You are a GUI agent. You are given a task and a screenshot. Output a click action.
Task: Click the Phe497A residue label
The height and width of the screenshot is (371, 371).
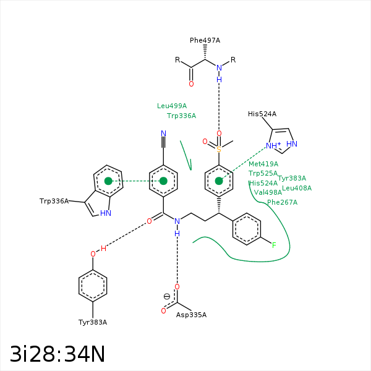tap(205, 40)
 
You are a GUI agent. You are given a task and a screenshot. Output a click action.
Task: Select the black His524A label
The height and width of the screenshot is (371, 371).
tap(262, 114)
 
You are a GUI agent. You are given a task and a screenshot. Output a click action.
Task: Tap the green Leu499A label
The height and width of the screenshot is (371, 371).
tap(172, 106)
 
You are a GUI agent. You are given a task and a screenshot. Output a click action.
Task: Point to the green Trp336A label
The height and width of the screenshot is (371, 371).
tap(181, 116)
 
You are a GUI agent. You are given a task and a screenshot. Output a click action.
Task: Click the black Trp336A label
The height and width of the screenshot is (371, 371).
tap(54, 201)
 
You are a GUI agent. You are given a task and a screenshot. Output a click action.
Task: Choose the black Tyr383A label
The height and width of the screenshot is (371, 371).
tap(93, 322)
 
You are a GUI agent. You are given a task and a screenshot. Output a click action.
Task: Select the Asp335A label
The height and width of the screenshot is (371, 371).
tap(191, 315)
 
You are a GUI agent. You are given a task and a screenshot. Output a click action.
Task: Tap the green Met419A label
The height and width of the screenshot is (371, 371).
tap(263, 164)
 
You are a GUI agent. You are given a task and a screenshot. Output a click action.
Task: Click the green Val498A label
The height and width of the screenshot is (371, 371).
tap(268, 192)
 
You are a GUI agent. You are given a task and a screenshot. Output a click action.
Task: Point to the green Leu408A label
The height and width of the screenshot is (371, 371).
tap(297, 188)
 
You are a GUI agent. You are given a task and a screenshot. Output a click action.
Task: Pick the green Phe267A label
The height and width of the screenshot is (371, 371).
tap(283, 202)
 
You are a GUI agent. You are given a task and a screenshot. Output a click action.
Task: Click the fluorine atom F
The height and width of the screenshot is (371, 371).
tap(274, 245)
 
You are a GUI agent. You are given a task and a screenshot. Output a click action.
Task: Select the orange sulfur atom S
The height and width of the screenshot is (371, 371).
tap(219, 149)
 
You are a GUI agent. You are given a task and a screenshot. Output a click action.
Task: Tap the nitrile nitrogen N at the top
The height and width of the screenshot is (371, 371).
tap(163, 134)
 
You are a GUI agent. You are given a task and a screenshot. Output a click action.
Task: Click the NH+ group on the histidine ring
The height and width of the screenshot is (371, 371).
tap(273, 145)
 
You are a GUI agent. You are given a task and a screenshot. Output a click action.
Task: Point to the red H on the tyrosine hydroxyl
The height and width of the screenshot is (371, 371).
tap(103, 249)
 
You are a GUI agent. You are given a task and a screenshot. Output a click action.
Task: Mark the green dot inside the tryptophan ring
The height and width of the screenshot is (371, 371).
tap(108, 181)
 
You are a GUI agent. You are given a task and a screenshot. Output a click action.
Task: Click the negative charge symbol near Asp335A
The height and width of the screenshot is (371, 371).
tap(167, 296)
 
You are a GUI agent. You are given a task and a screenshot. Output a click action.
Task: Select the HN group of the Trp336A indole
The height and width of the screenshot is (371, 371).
tap(106, 213)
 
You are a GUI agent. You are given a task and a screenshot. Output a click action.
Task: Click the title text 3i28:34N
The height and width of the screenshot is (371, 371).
tap(58, 354)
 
